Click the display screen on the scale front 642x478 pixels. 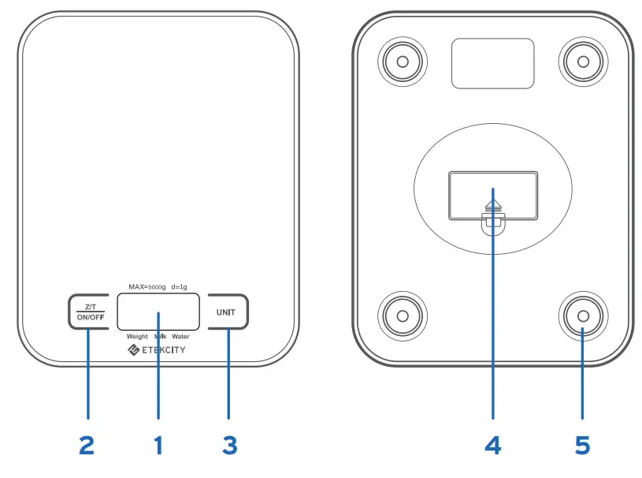pos(158,311)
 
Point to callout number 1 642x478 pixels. pos(158,445)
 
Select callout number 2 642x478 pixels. pos(87,445)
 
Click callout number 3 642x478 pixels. pos(229,445)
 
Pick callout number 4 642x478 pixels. pos(492,445)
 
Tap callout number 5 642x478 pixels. pos(582,445)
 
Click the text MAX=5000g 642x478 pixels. pos(147,287)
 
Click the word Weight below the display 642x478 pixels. pos(137,336)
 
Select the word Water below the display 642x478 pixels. pos(180,336)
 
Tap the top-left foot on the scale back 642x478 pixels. pos(402,60)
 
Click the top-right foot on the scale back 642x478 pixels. pos(582,60)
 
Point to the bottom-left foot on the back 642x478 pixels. pos(402,316)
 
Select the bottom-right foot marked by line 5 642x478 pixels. pos(582,316)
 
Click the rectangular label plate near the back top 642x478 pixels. pos(492,63)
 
